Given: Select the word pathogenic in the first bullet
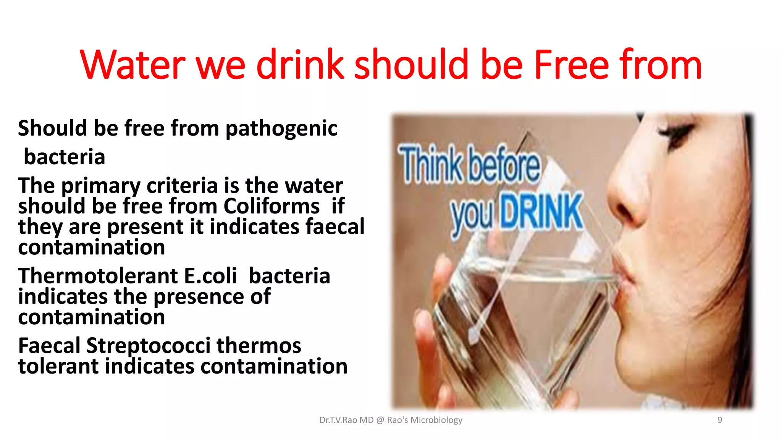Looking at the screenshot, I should click(281, 129).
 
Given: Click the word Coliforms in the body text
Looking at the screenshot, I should click(271, 206).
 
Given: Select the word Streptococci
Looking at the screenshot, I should click(148, 346).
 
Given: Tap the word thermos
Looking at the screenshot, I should click(259, 346).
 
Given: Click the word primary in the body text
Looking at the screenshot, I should click(101, 186).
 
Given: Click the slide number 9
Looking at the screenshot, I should click(719, 420).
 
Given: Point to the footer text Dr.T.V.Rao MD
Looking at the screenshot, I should click(346, 420).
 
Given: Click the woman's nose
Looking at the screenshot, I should click(626, 191).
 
